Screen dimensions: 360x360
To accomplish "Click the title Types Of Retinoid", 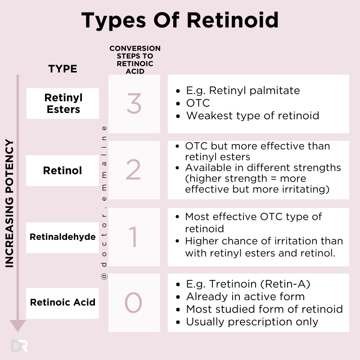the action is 180,21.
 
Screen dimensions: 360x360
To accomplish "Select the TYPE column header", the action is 63,69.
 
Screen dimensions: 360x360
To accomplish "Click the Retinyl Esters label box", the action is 63,103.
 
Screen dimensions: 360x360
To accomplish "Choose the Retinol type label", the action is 63,171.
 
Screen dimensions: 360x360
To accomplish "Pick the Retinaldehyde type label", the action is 63,236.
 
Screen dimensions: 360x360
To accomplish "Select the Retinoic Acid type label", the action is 63,302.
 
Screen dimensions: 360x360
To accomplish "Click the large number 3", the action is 134,103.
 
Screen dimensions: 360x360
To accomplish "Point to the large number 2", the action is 134,171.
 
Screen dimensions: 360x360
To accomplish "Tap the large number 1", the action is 134,237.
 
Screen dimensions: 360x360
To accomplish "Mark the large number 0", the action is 134,302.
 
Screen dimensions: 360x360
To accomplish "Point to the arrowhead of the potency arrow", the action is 18,325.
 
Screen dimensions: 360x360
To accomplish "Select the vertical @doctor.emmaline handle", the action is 104,202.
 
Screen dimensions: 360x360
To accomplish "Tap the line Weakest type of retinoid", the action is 252,116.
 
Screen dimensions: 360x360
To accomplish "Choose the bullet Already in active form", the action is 245,297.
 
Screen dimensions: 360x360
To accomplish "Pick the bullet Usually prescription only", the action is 252,322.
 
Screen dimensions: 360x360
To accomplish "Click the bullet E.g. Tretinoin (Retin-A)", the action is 248,284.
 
